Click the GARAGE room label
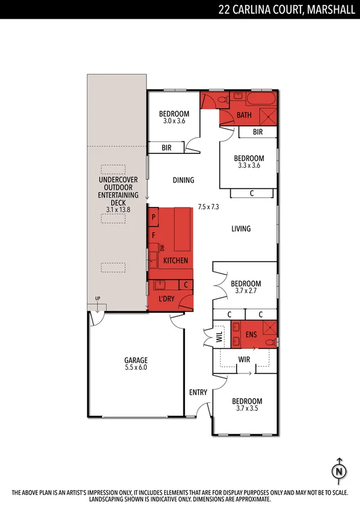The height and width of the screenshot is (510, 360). click(136, 360)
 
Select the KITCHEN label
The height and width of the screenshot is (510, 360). click(175, 260)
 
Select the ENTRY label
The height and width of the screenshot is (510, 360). click(198, 393)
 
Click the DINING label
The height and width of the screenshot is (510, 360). click(183, 180)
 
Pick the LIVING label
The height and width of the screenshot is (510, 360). click(241, 229)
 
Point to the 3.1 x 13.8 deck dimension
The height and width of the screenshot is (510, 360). click(118, 209)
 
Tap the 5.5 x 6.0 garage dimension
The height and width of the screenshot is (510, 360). click(136, 367)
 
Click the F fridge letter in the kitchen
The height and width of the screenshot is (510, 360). click(154, 235)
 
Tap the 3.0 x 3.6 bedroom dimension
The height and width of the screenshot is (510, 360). click(174, 121)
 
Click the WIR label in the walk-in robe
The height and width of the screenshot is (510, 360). click(245, 359)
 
